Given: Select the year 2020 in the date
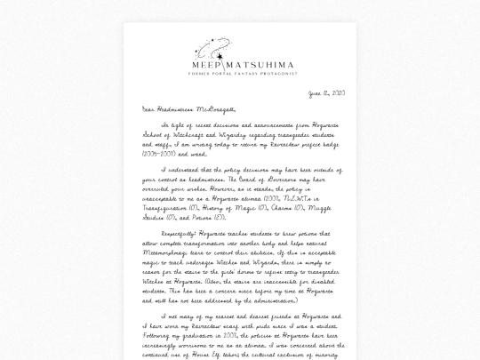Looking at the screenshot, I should coord(336,93).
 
